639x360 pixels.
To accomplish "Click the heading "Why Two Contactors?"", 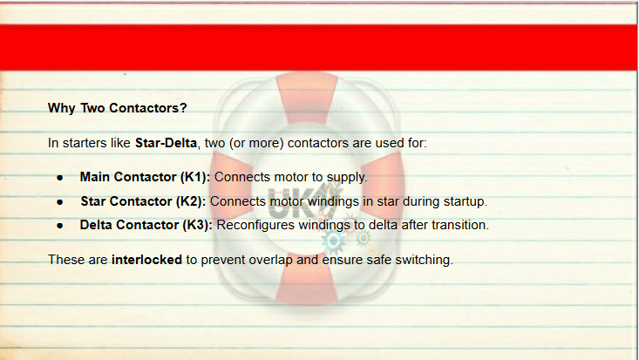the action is coord(118,108).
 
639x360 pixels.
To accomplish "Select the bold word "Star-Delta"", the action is coord(166,143).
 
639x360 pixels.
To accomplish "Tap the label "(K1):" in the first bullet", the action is coord(195,177).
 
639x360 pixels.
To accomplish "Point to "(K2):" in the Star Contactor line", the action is coord(191,201).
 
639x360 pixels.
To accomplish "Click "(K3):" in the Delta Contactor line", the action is coord(197,225).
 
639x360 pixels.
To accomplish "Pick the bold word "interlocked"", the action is coord(146,260).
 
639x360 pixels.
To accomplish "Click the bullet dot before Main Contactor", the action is coord(60,178).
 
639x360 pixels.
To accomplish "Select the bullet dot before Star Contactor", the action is coord(60,202).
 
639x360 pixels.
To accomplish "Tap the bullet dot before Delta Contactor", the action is coord(60,226).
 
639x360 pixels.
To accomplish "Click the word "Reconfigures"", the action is coord(255,226).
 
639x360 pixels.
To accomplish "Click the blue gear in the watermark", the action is coord(333,241).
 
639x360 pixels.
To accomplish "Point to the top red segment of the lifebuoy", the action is coord(307,98).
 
